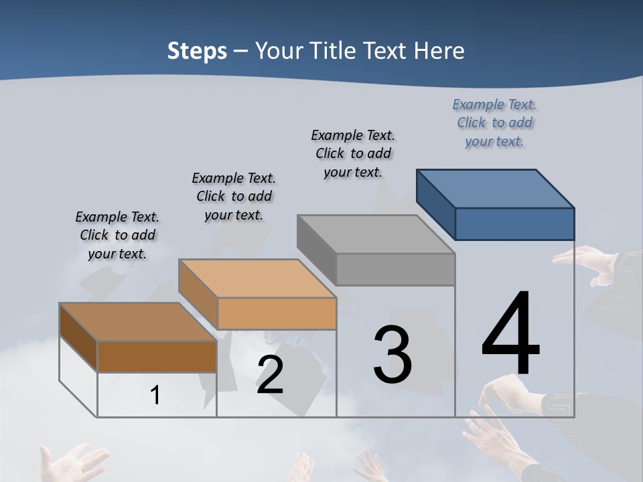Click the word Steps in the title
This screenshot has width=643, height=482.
coord(197,51)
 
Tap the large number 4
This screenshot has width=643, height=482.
coord(510,334)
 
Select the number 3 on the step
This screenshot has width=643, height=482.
coord(392,355)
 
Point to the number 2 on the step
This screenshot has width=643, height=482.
coord(270,375)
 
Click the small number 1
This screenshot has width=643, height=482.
coord(155,396)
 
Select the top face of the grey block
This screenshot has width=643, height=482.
coord(375,234)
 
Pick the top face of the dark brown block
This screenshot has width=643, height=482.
coord(137,322)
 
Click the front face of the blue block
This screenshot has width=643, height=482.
coord(514,224)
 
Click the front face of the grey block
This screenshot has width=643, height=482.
coord(395,269)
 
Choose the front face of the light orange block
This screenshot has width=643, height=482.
coord(277,313)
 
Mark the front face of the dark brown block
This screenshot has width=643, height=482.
coord(157,356)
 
